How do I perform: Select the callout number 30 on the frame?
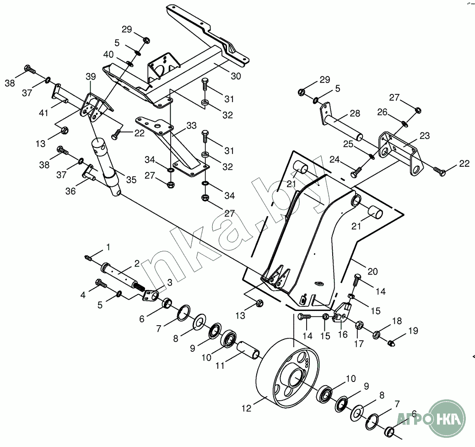tap(236, 76)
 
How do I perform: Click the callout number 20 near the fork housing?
tap(372, 272)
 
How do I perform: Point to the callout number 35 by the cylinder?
tap(131, 180)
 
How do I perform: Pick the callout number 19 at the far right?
tap(413, 330)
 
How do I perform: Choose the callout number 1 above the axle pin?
tap(108, 247)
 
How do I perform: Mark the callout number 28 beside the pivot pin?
tap(355, 114)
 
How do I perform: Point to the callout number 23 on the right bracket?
tap(425, 135)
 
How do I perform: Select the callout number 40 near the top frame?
tap(108, 55)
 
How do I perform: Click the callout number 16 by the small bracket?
tap(342, 334)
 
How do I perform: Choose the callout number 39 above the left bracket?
tap(90, 76)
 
